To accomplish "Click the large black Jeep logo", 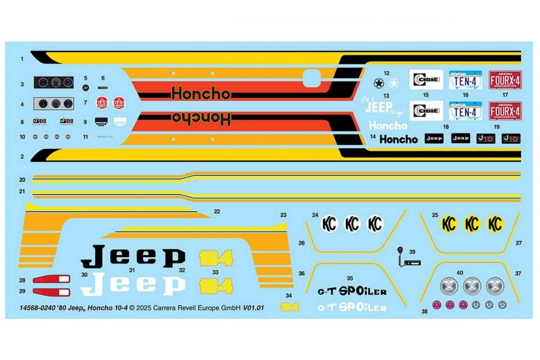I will pyautogui.click(x=133, y=257).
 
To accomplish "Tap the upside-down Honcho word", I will pyautogui.click(x=201, y=117).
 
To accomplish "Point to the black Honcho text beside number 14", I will pyautogui.click(x=399, y=139).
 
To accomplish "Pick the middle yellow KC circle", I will pyautogui.click(x=473, y=223).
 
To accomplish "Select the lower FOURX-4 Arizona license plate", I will pyautogui.click(x=505, y=111).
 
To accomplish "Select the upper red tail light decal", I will pyautogui.click(x=52, y=280).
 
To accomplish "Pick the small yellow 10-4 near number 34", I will pyautogui.click(x=289, y=307).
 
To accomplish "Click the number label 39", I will pyautogui.click(x=413, y=252).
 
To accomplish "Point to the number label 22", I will pyautogui.click(x=217, y=211).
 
